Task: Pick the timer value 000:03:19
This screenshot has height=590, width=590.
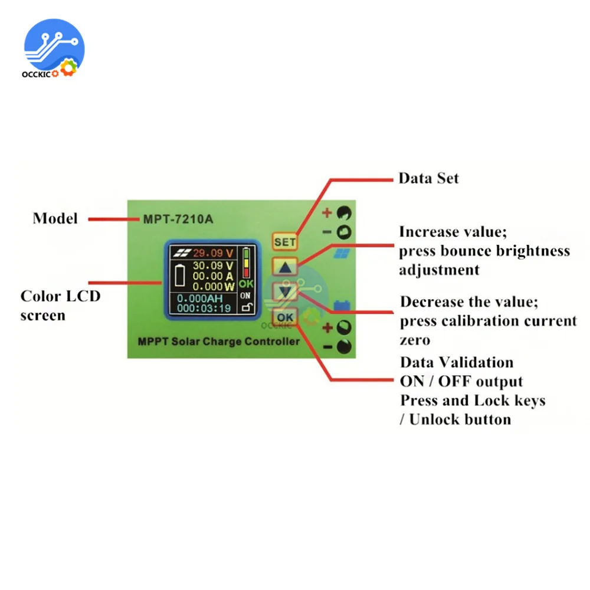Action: (x=203, y=308)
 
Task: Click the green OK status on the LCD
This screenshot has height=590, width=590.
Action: (x=246, y=284)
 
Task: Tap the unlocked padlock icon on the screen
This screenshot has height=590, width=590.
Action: (x=246, y=307)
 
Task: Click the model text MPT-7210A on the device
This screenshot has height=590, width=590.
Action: (x=178, y=219)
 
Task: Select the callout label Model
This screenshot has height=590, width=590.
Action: (x=55, y=218)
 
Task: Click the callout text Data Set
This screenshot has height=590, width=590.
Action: (x=428, y=178)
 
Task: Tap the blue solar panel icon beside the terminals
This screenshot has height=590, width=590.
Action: (x=342, y=254)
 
